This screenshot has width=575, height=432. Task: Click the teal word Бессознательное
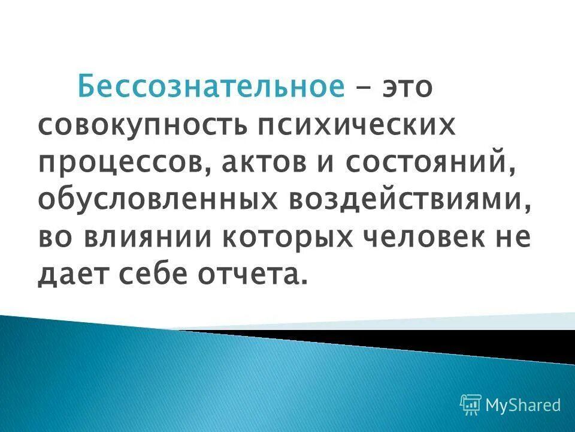(211, 88)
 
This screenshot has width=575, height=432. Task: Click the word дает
(76, 275)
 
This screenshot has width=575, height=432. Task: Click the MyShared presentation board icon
(471, 405)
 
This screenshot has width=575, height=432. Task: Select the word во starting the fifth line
(58, 238)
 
